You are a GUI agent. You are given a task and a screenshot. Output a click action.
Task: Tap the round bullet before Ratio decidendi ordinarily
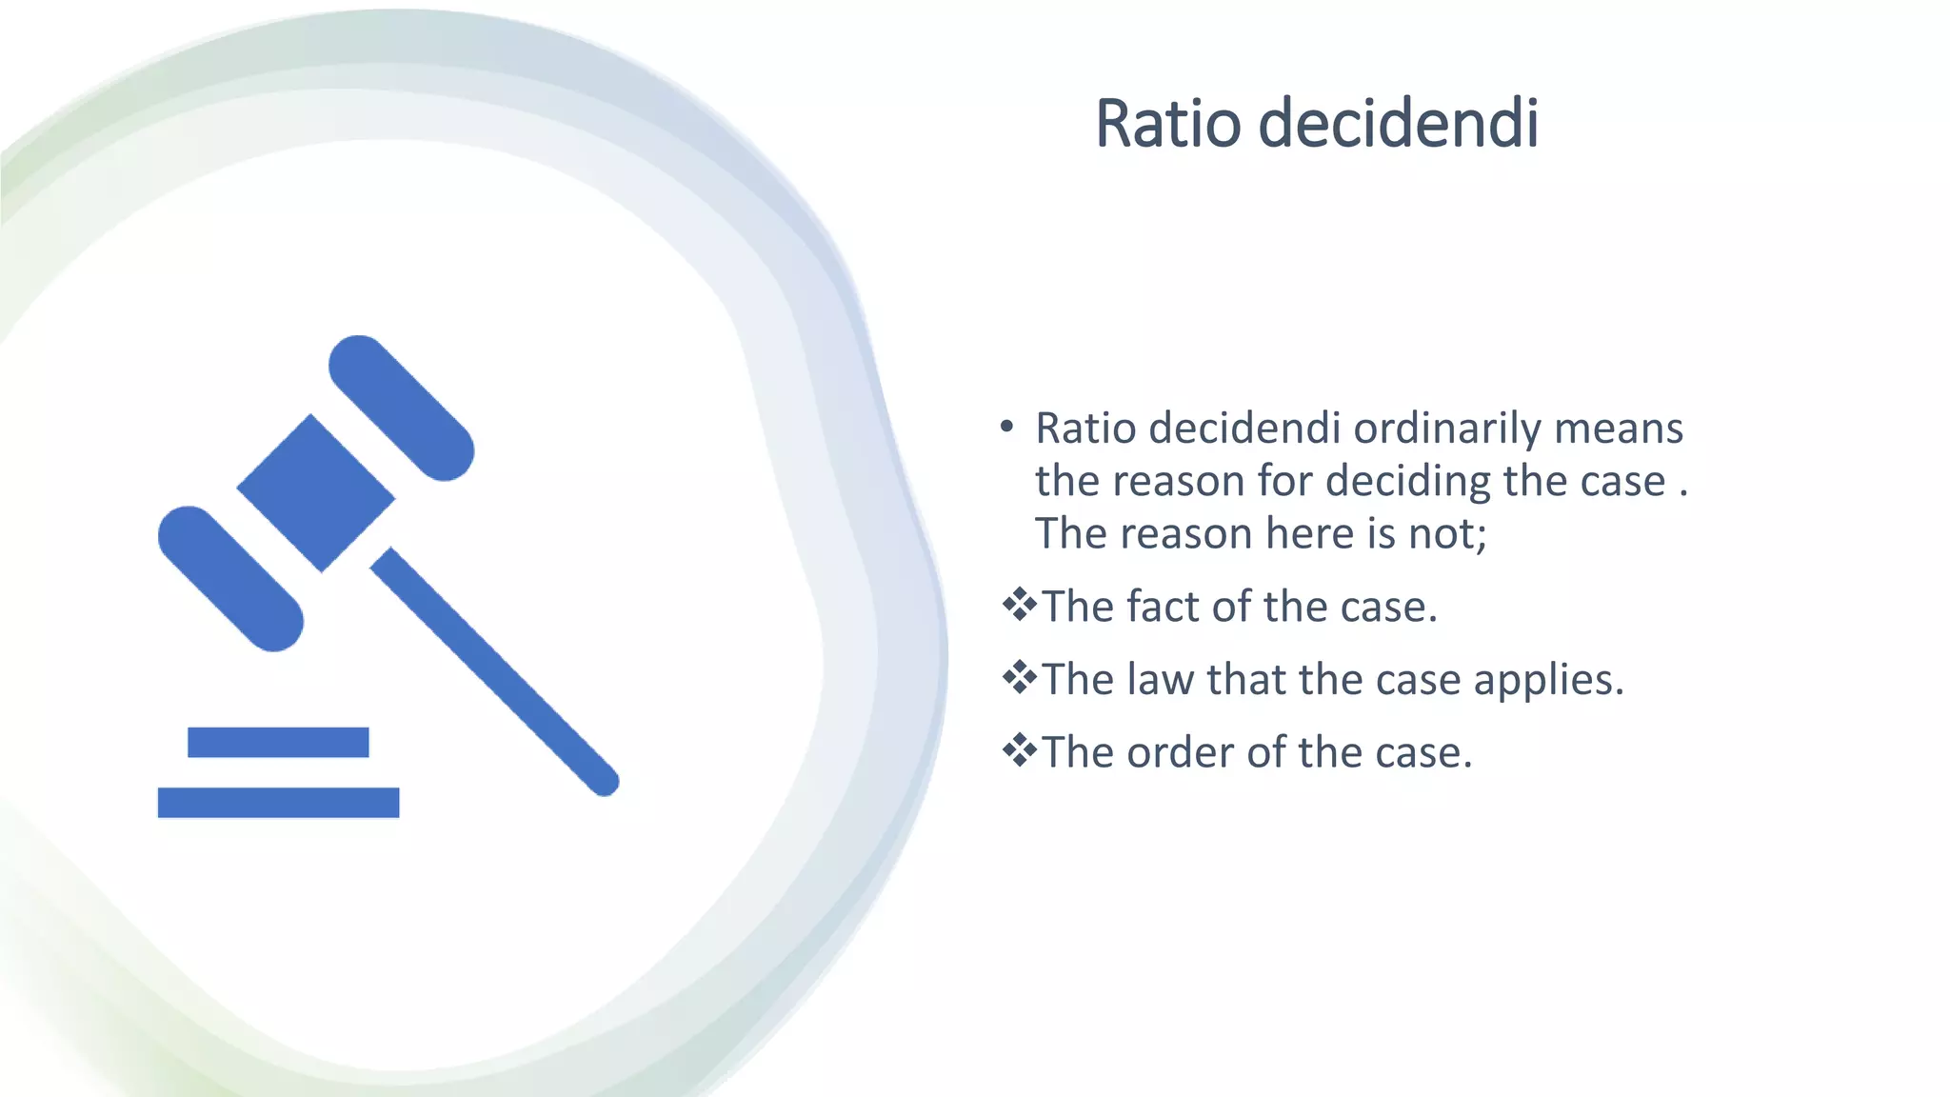click(1006, 428)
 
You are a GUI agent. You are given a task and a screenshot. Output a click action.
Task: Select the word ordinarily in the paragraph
click(1447, 429)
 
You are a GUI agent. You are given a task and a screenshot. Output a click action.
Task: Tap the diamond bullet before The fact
click(1019, 605)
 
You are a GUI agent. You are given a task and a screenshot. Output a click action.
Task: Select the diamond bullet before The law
click(1019, 678)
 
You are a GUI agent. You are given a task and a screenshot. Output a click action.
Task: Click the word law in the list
click(1160, 680)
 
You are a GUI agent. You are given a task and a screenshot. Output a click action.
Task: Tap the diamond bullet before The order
click(1019, 750)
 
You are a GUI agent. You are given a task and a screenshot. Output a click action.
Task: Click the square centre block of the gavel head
click(316, 493)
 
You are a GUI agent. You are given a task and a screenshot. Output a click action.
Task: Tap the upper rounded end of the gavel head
click(401, 409)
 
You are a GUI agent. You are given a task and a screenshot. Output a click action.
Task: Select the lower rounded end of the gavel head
click(230, 578)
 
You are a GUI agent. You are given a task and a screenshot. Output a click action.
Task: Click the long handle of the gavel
click(495, 672)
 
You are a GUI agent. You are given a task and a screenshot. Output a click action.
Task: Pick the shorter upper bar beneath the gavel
click(278, 742)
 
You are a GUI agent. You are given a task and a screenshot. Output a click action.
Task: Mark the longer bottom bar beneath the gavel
click(278, 802)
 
